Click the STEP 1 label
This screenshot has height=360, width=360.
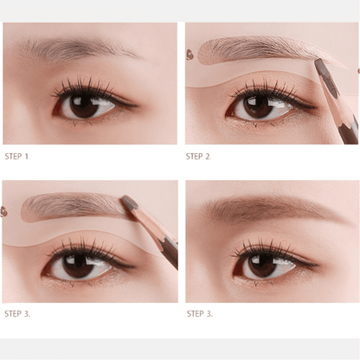[x=17, y=156]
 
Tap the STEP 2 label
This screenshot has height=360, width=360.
[x=199, y=156]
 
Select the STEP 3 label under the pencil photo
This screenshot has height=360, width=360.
[x=17, y=313]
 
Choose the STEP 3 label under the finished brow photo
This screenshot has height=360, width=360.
[x=199, y=313]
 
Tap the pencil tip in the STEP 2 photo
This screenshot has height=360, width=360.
[x=317, y=61]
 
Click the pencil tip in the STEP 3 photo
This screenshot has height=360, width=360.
[x=125, y=200]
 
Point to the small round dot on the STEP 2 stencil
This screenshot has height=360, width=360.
[x=190, y=55]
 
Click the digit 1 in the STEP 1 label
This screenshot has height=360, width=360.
[x=27, y=156]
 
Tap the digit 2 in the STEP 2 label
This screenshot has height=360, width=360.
[x=209, y=156]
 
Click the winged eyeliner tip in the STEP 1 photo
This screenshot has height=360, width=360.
[x=134, y=105]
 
